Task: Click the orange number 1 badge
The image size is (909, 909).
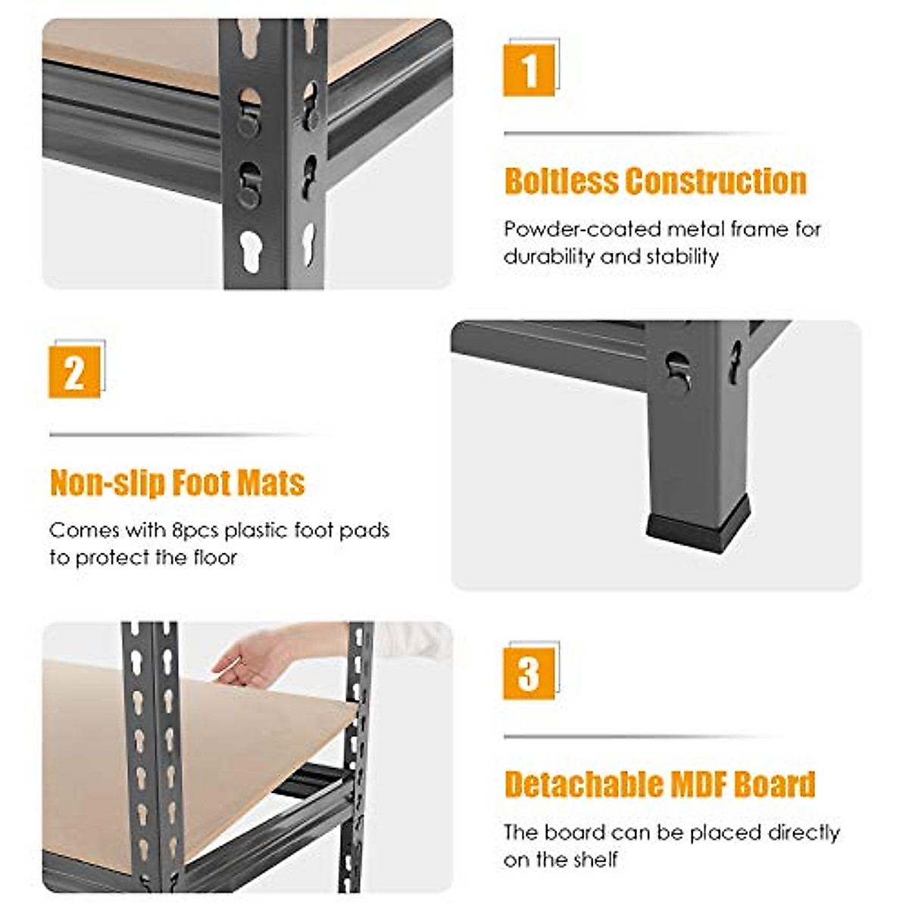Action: (x=529, y=70)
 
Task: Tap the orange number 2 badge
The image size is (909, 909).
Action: (x=74, y=372)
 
